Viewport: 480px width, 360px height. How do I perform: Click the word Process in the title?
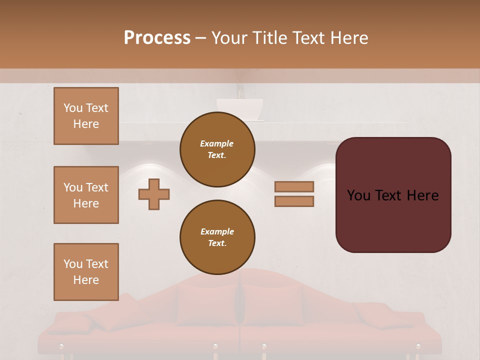(x=157, y=38)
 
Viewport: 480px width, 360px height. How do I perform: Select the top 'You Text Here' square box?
(x=86, y=116)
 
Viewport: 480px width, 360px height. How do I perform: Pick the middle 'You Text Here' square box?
(x=86, y=195)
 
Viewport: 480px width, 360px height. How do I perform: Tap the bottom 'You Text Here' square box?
(x=86, y=271)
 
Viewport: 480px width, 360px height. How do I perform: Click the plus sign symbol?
(x=154, y=194)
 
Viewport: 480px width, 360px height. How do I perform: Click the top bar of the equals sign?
(x=294, y=187)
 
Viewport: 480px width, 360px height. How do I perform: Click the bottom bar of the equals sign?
(x=294, y=201)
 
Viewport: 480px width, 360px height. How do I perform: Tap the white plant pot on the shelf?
(x=239, y=109)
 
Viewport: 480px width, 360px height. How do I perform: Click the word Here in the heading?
(x=349, y=38)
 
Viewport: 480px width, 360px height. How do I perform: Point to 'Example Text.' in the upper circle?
(x=217, y=149)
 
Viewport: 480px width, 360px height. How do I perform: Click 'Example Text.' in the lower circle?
(x=217, y=237)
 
